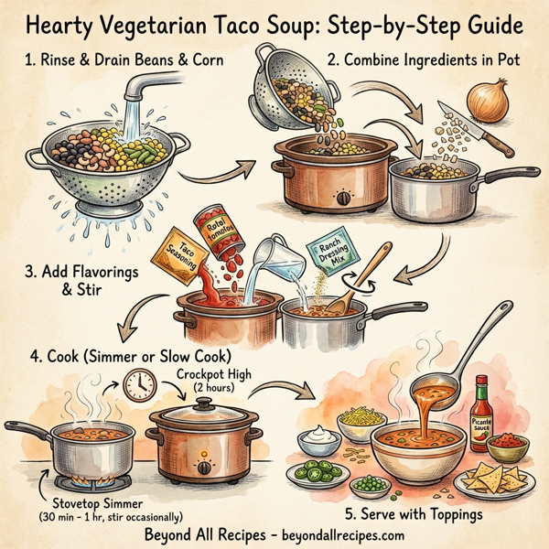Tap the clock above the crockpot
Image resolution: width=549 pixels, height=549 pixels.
tap(141, 385)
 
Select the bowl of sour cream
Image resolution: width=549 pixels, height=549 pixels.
tap(320, 438)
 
